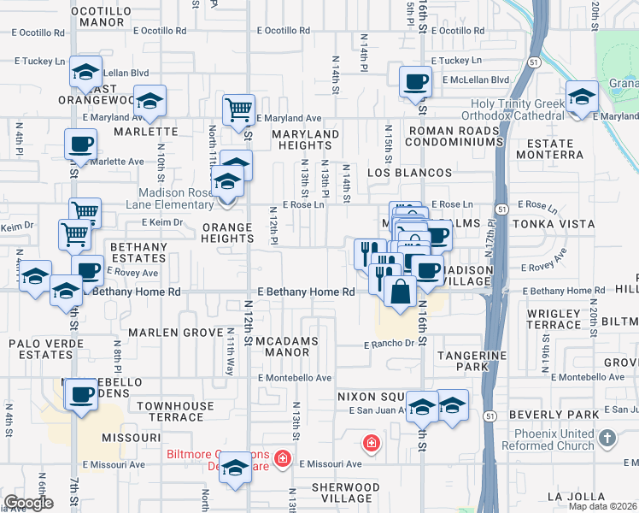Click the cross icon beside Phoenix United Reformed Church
[607, 439]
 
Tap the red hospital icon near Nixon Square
[371, 443]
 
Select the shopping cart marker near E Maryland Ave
[238, 109]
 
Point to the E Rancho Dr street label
[389, 345]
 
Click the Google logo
[28, 503]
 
